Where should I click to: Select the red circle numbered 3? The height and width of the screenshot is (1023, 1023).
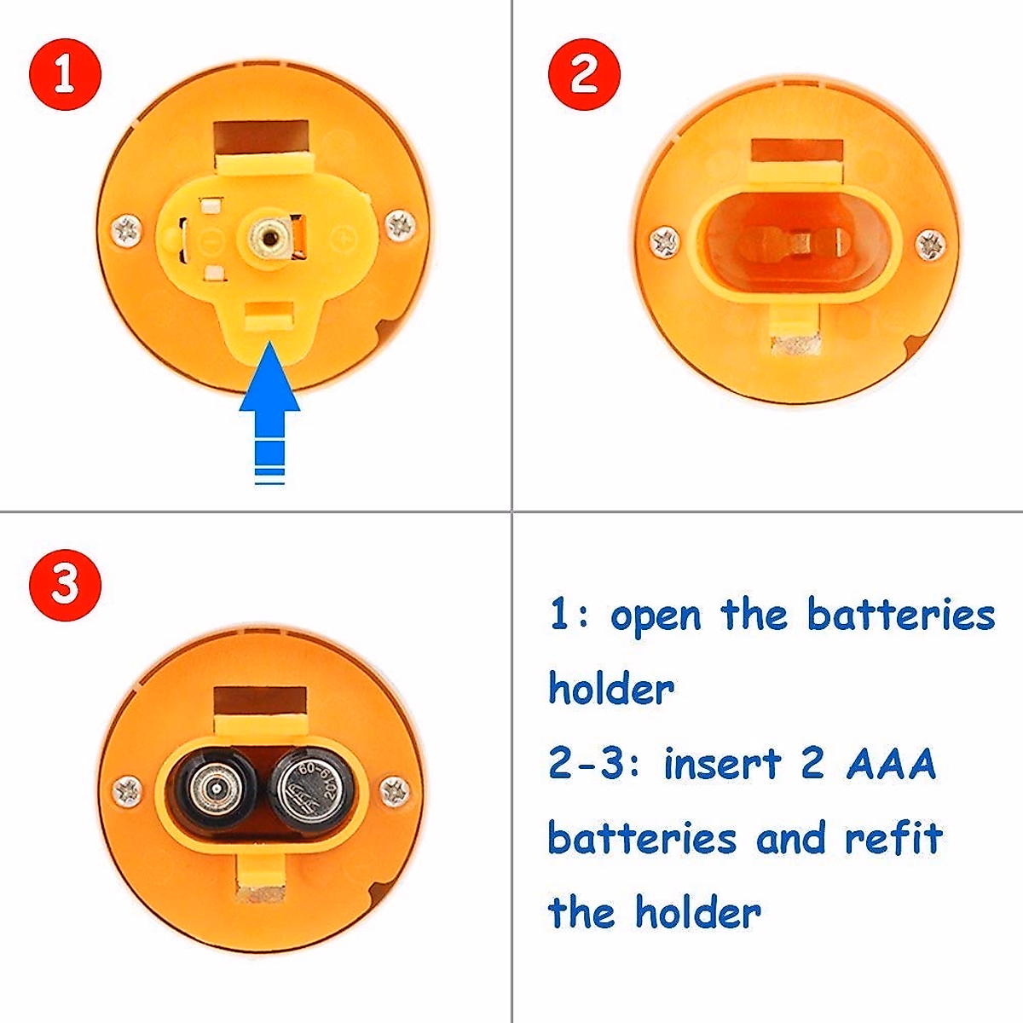click(65, 585)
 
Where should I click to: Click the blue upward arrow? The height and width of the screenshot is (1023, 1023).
click(269, 409)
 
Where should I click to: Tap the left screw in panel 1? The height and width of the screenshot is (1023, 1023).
click(127, 230)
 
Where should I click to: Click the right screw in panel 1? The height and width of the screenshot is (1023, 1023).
click(401, 226)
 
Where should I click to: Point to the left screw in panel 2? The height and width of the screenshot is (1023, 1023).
click(664, 242)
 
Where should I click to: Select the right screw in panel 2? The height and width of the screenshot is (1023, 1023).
click(930, 245)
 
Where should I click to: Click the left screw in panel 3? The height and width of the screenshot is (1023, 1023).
click(127, 791)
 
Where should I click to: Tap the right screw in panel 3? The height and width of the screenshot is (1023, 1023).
click(394, 791)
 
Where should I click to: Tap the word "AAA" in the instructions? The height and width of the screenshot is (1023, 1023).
click(892, 763)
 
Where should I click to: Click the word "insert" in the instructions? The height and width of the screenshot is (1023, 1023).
click(722, 763)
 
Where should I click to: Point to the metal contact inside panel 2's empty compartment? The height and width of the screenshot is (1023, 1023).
click(797, 243)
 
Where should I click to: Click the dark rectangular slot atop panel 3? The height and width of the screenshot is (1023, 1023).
click(259, 701)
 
